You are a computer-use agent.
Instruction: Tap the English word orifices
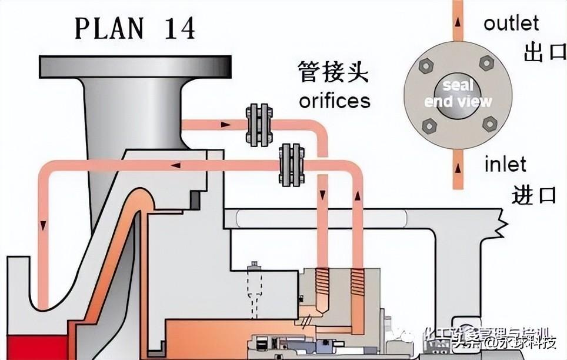coord(335,100)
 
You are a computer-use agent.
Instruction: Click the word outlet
coord(511,23)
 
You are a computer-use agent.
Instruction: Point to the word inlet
coord(505,164)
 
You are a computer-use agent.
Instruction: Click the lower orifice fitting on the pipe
coord(291,165)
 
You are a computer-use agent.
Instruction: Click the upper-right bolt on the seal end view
coord(486,62)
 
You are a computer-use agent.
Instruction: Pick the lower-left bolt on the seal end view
coord(429,125)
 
